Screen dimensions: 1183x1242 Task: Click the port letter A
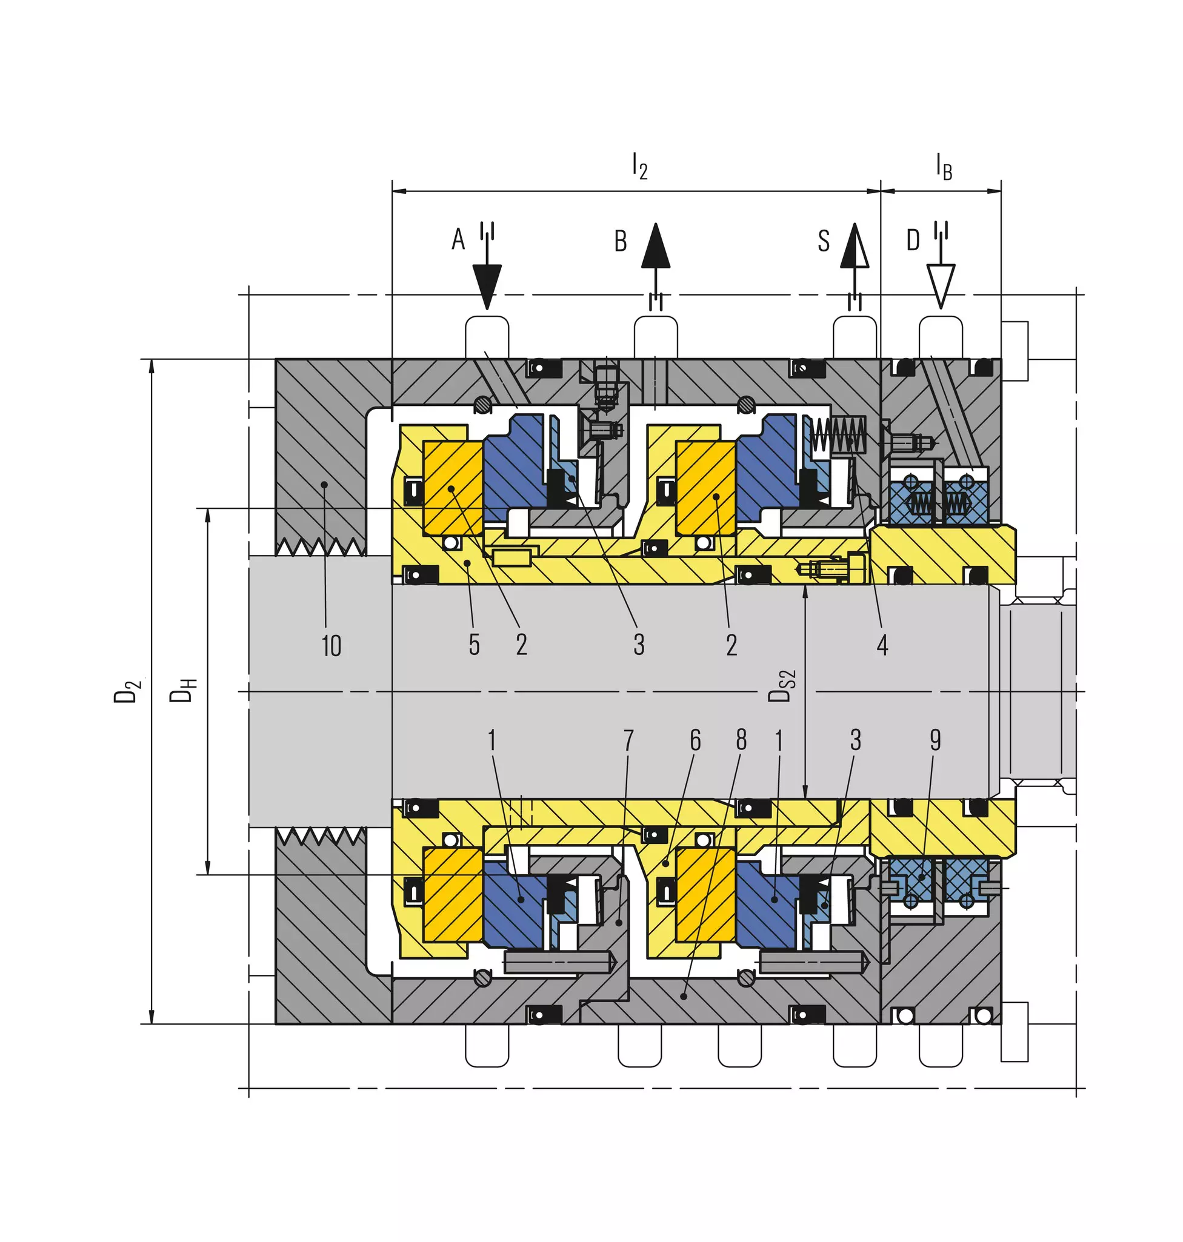[x=458, y=239]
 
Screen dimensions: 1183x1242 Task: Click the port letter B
[x=621, y=241]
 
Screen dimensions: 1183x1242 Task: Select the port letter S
[x=824, y=241]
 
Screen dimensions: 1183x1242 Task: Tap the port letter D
[x=913, y=240]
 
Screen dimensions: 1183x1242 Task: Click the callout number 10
[x=332, y=646]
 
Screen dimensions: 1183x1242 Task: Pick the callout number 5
[x=474, y=645]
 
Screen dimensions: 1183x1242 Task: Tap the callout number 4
[x=882, y=645]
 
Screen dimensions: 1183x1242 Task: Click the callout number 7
[x=628, y=740]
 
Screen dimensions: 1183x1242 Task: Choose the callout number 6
[x=695, y=740]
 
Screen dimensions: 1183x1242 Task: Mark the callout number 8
[x=742, y=740]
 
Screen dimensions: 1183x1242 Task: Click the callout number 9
[x=935, y=740]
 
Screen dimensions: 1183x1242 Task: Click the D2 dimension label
[x=126, y=692]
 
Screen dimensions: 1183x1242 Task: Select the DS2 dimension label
[x=782, y=686]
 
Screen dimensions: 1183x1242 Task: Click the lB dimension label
[x=944, y=167]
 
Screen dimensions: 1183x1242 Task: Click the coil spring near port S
[x=839, y=436]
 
